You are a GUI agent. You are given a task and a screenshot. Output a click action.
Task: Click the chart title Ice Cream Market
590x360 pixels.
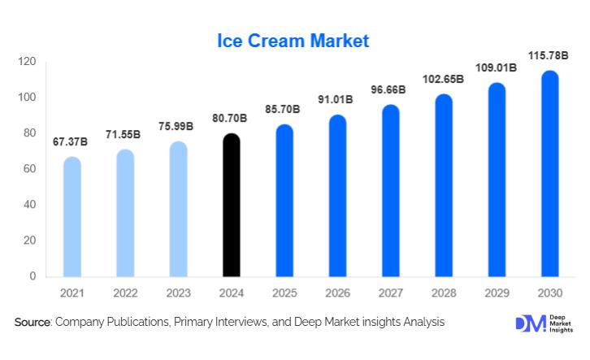(293, 40)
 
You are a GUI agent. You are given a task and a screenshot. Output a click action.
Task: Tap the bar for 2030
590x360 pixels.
(550, 174)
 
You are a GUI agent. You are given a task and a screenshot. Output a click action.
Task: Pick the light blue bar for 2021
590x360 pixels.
(72, 217)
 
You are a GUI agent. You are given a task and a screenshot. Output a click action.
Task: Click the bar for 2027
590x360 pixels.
(391, 191)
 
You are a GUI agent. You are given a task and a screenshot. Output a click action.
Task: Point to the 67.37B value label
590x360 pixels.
(71, 142)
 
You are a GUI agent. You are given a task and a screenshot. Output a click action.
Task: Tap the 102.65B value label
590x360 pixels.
(444, 80)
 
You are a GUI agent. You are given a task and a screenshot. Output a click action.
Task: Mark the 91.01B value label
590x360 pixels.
(336, 100)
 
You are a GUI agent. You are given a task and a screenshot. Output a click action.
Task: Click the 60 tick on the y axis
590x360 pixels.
(30, 169)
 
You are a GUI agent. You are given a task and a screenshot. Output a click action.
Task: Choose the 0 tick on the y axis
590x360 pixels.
(33, 276)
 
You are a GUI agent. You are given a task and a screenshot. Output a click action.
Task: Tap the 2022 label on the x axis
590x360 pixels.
(124, 292)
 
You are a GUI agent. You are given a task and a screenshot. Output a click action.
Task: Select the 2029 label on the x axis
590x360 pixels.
(497, 292)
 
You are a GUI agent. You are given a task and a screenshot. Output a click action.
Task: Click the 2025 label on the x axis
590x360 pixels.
(284, 292)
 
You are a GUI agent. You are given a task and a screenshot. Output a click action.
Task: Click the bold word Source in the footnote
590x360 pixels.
(33, 323)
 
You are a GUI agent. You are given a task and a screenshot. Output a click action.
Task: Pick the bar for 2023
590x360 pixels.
(178, 209)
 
